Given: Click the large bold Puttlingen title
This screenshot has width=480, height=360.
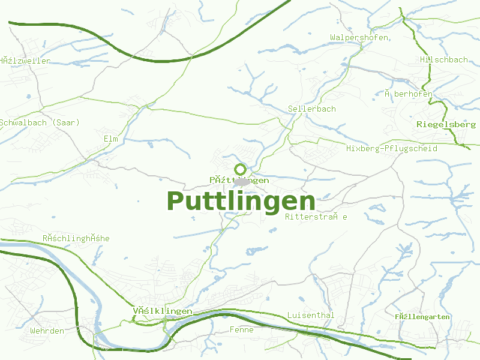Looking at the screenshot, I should coord(241,201).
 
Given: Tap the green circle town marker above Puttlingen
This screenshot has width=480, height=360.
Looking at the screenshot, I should coord(241,169).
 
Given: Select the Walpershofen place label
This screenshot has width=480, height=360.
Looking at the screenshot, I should coord(359,38).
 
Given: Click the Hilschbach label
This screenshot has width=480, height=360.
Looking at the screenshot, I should coord(444,60).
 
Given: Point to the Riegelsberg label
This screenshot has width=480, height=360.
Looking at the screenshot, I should coord(446,124).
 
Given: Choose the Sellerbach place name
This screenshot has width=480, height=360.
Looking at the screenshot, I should coord(312,109).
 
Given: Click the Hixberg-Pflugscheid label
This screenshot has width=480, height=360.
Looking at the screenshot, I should coord(392,148).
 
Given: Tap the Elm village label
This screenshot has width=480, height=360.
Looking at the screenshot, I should coord(110,139).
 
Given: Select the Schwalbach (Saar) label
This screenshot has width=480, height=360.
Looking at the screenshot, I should coord(40,122).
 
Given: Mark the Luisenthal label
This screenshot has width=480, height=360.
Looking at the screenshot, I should coord(310,315).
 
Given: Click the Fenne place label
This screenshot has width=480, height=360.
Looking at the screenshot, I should coord(241,330).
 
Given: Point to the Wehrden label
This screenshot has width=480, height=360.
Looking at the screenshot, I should coord(47,331).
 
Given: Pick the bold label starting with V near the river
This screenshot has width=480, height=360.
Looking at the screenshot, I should coord(162,311).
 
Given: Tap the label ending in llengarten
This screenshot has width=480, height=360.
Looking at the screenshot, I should coord(422,317).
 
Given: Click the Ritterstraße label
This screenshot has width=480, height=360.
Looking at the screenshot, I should coord(316,217).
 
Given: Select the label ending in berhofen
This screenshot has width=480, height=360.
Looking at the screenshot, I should coord(409,94).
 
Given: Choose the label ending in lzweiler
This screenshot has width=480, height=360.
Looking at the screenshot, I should coord(25,61).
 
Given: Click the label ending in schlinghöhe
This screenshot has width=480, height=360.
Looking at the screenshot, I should coord(76,238).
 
